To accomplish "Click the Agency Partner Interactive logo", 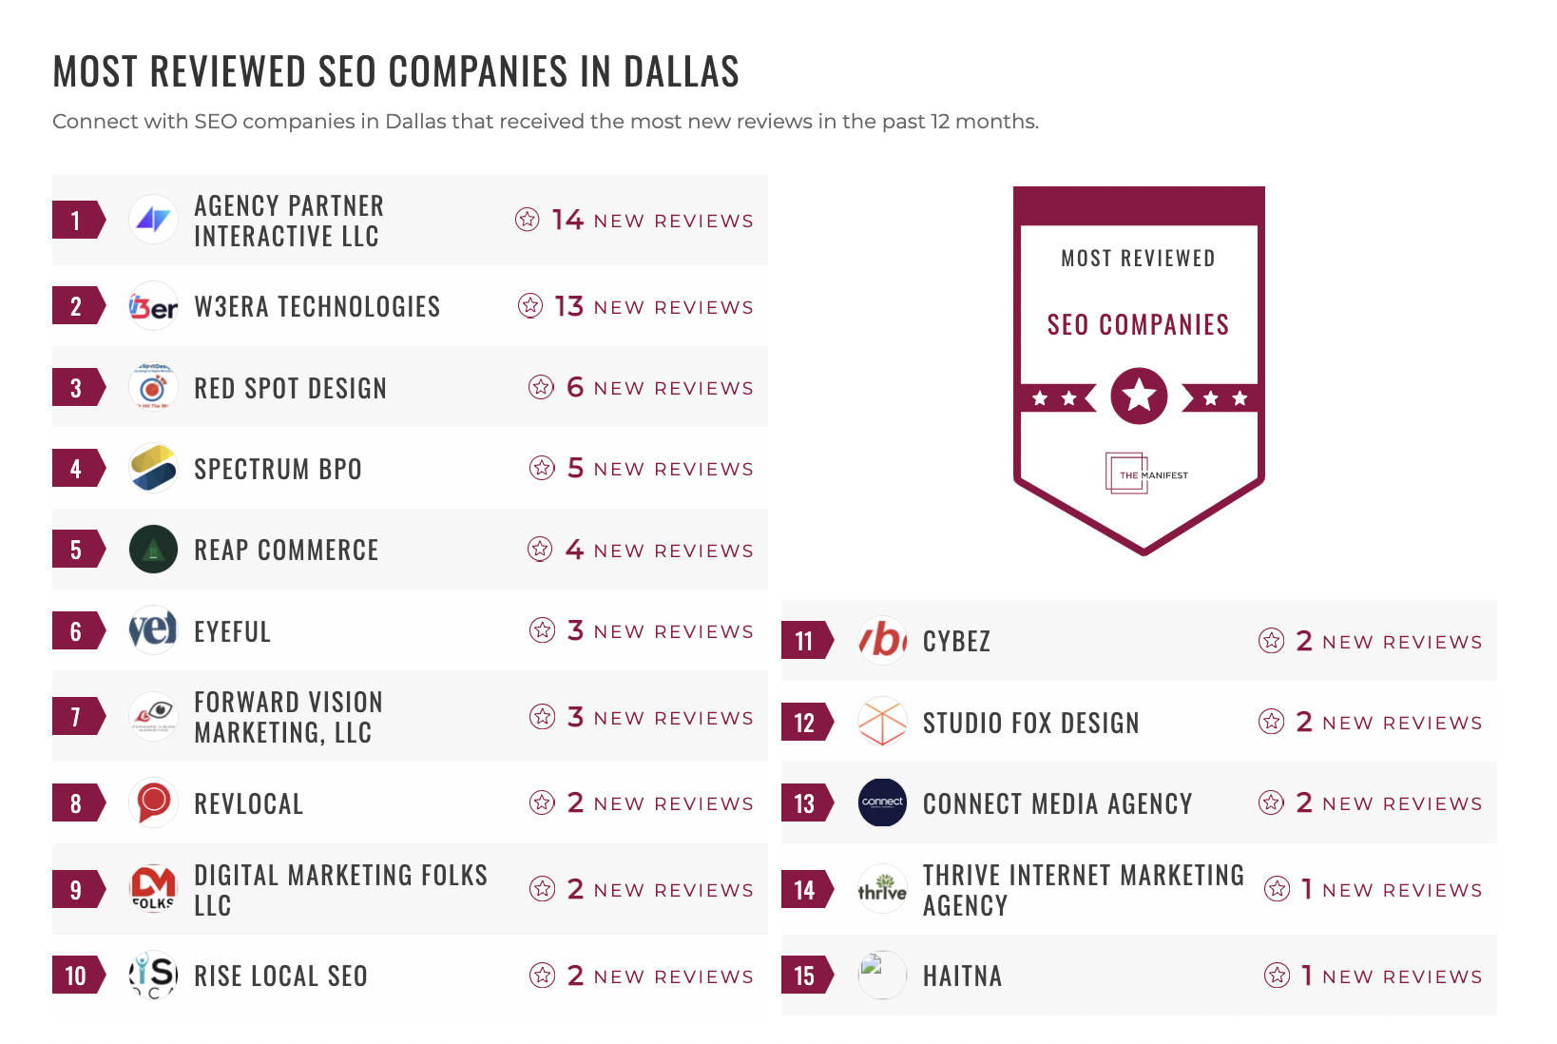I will (x=153, y=220).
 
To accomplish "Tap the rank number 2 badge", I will (x=77, y=306).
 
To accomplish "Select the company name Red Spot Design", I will (x=290, y=388).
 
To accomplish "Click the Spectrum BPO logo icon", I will (x=153, y=468).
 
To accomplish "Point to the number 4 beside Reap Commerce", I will (x=574, y=550).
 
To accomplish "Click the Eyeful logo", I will (x=153, y=630).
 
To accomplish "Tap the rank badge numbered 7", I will (x=77, y=717).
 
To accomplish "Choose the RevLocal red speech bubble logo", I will (x=153, y=802).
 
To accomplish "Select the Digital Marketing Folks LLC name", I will (x=340, y=889).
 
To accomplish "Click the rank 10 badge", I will (x=77, y=976).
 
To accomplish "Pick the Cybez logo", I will (x=882, y=641).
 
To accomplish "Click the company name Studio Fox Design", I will (x=1030, y=723).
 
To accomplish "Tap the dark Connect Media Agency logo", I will (x=882, y=802).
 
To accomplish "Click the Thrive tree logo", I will (x=882, y=889).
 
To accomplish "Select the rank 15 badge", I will (x=805, y=976).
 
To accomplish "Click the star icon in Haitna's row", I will (x=1277, y=975).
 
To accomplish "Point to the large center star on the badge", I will (x=1139, y=395).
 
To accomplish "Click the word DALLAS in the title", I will (x=681, y=72).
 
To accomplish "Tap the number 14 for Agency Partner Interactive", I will (x=567, y=220).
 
